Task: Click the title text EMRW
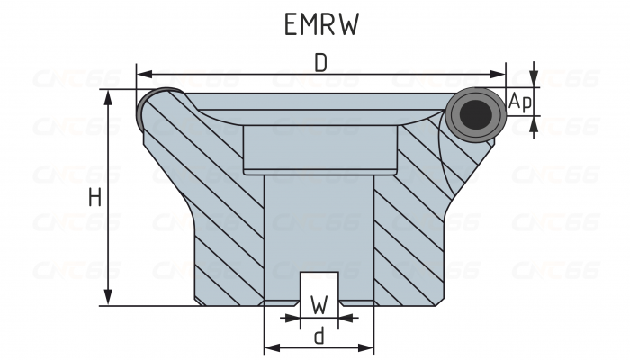pyautogui.click(x=321, y=24)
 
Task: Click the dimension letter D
pyautogui.click(x=320, y=62)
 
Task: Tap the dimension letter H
pyautogui.click(x=94, y=198)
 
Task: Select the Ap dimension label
pyautogui.click(x=520, y=103)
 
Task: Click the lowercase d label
pyautogui.click(x=319, y=337)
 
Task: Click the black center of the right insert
pyautogui.click(x=474, y=114)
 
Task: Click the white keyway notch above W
pyautogui.click(x=319, y=285)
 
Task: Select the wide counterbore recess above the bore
pyautogui.click(x=319, y=148)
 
